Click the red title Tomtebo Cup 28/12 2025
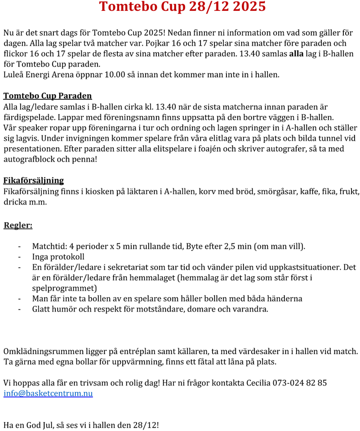tap(182, 7)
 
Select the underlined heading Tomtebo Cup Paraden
tap(47, 96)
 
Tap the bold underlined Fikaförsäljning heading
tap(33, 181)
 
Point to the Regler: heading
tap(18, 225)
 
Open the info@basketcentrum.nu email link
tap(48, 394)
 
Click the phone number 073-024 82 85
tap(300, 383)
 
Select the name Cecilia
tap(258, 383)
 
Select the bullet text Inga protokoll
tap(58, 257)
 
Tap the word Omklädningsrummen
tap(39, 351)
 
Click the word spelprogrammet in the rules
tap(65, 288)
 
